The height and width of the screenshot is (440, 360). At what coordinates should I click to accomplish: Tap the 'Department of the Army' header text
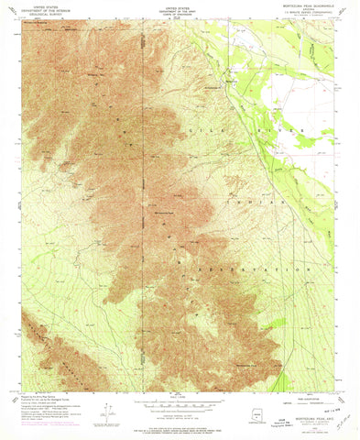tap(180, 10)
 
